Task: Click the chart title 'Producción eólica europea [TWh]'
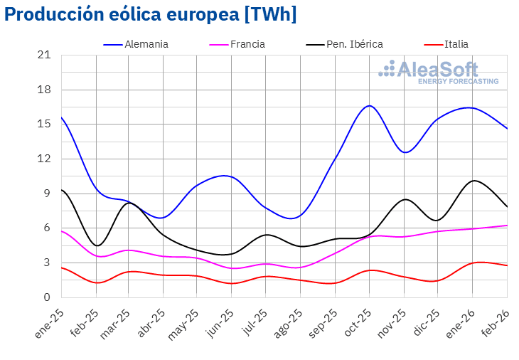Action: [x=150, y=14]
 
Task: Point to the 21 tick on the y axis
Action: [x=44, y=55]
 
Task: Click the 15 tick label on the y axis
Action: [x=44, y=124]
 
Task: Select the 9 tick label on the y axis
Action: [x=47, y=194]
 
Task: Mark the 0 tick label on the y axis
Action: [x=47, y=297]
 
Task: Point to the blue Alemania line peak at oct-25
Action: [x=369, y=105]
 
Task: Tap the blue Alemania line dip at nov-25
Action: [x=405, y=152]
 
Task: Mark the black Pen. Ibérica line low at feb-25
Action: [x=97, y=245]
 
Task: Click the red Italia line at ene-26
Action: [x=473, y=263]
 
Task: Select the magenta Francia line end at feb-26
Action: [x=506, y=226]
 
